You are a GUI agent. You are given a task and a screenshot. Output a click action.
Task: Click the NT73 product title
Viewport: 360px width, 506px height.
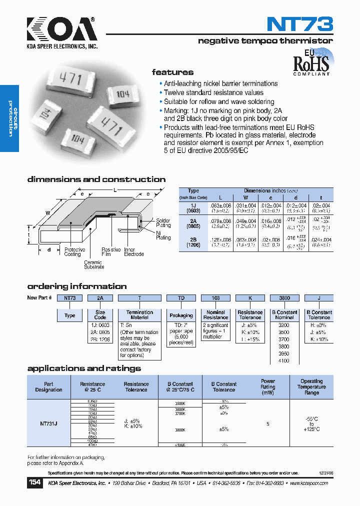299,24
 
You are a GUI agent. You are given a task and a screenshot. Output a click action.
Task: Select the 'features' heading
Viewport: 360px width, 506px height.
172,72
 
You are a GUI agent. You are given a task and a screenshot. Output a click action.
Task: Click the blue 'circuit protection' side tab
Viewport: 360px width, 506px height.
9,118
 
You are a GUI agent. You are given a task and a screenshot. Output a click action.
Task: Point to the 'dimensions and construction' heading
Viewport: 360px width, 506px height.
96,179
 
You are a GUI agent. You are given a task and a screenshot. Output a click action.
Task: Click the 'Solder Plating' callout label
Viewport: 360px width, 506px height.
163,223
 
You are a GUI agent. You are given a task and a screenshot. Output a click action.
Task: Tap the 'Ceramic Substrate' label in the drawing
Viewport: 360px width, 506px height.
93,265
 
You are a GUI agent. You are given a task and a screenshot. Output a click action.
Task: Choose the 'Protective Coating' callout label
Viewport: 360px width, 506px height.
74,252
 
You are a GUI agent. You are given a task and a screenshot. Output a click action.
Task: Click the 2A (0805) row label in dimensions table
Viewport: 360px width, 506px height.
193,223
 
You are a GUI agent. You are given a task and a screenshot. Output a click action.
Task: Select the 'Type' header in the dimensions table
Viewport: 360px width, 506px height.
193,191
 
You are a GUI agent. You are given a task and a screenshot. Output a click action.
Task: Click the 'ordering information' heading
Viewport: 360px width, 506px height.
76,286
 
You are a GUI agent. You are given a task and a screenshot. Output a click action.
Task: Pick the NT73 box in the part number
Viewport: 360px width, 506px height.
69,298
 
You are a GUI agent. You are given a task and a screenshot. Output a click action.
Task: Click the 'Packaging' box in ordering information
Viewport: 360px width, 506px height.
181,315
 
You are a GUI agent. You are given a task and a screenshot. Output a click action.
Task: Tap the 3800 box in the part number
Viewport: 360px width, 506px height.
284,298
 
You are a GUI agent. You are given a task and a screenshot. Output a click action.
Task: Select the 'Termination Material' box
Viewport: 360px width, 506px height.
139,315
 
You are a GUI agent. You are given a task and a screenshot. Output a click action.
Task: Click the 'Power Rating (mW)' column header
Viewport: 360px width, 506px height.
268,387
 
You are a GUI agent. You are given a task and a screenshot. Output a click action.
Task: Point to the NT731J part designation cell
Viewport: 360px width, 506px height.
48,423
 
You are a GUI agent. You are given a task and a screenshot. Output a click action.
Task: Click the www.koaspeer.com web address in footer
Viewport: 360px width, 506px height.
308,483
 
